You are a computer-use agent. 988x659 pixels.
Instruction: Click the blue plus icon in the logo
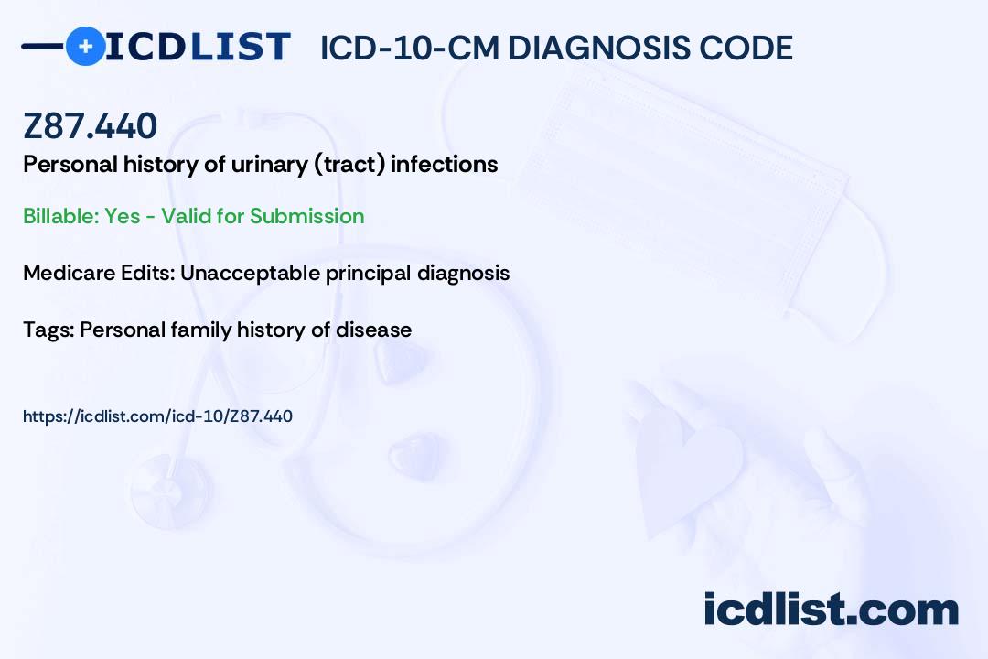(x=85, y=47)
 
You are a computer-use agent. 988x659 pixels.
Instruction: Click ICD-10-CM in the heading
(x=410, y=49)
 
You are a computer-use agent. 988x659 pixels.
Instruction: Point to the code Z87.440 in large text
(x=90, y=125)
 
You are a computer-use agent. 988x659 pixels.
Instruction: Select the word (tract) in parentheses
(x=349, y=165)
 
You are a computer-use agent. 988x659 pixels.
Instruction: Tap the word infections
(x=445, y=164)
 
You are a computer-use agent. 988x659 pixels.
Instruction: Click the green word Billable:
(x=61, y=216)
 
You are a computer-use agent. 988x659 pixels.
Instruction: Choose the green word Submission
(x=306, y=216)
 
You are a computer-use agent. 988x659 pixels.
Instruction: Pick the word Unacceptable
(x=250, y=273)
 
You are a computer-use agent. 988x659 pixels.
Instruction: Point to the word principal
(x=368, y=274)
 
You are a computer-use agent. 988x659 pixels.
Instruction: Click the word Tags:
(x=48, y=329)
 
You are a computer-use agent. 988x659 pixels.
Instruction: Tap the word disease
(x=373, y=329)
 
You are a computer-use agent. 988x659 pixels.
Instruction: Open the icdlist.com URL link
(x=157, y=416)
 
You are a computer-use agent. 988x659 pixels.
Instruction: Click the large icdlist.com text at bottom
(x=831, y=610)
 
